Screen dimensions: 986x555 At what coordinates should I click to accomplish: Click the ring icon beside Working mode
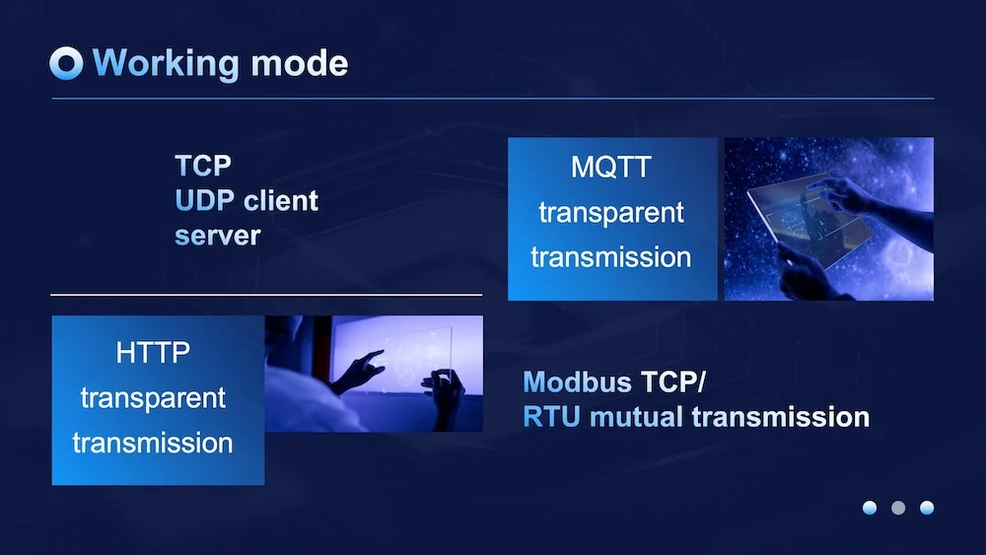click(66, 63)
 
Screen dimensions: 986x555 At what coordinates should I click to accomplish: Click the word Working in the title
click(166, 63)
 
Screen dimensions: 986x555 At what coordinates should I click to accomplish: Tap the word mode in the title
click(300, 63)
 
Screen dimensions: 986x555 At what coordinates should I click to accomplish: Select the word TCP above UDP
click(203, 166)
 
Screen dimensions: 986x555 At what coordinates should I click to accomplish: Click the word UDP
click(205, 201)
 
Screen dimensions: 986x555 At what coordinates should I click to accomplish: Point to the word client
click(281, 201)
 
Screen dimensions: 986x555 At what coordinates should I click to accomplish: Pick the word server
click(218, 237)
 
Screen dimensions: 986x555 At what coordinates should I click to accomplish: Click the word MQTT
click(611, 168)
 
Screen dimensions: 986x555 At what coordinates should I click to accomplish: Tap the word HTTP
click(153, 353)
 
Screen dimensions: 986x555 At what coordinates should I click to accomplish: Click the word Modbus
click(577, 382)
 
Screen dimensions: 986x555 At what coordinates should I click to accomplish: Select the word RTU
click(551, 417)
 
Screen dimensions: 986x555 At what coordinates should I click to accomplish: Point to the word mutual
click(636, 417)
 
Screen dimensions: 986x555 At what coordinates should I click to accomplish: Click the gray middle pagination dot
click(898, 508)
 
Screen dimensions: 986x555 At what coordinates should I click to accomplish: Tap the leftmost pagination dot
click(870, 508)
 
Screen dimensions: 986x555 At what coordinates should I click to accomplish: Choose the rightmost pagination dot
click(927, 508)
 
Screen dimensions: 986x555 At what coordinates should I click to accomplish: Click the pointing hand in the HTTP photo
click(359, 372)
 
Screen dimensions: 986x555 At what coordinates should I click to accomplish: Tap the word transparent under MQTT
click(611, 214)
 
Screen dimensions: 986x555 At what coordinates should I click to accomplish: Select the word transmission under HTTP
click(153, 444)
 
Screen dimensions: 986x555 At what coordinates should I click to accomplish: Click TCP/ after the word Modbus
click(673, 382)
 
